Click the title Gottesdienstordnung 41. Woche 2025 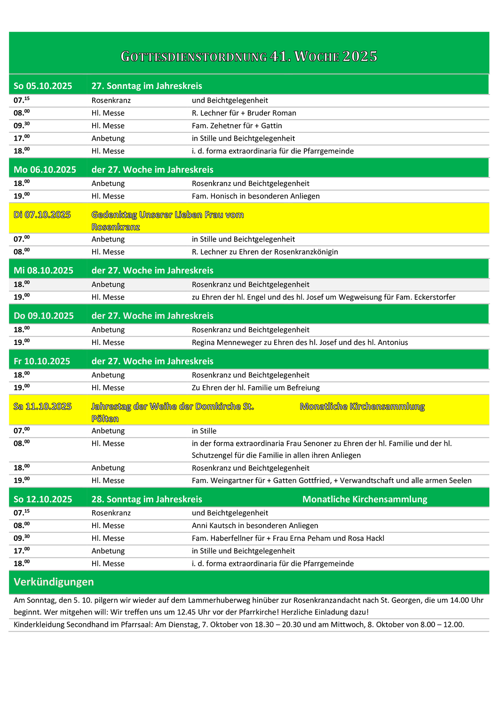point(249,56)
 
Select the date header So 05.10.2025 point(43,86)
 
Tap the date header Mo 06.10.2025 point(45,169)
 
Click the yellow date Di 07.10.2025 point(42,215)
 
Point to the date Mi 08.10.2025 point(43,270)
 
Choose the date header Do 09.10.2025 point(43,316)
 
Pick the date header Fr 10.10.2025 point(41,361)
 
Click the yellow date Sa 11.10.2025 point(42,406)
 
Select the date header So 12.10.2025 point(43,499)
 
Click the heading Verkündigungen point(54,582)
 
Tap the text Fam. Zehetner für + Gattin point(237,126)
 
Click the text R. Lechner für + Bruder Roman point(244,113)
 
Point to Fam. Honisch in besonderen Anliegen point(255,196)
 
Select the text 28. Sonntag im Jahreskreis point(147,499)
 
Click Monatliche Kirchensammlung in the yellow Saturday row point(362,406)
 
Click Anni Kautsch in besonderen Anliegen point(254,526)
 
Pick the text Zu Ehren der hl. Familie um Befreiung point(255,388)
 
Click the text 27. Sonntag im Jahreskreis point(147,86)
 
